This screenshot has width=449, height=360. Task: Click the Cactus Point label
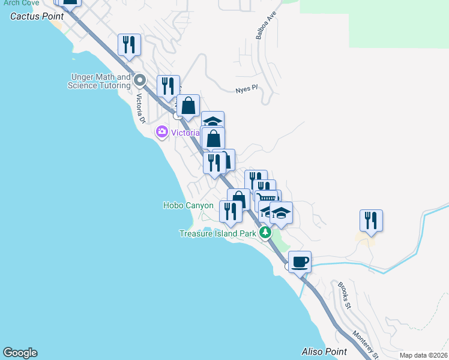[37, 16]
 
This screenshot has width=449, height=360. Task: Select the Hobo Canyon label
[188, 205]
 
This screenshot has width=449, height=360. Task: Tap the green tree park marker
[265, 233]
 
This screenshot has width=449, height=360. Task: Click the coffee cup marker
[300, 262]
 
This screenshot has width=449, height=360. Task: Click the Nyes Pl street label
[246, 88]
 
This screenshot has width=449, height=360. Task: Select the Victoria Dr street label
[141, 109]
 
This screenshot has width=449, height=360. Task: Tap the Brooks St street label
[344, 296]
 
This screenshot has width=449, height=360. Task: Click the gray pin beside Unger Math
[140, 80]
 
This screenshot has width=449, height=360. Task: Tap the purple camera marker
[161, 132]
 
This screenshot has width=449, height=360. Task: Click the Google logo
[20, 353]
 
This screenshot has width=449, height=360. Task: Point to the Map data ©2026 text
[423, 355]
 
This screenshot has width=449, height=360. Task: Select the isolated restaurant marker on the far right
[371, 221]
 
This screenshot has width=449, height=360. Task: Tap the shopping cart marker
[268, 197]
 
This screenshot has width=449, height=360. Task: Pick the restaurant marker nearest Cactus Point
[129, 44]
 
